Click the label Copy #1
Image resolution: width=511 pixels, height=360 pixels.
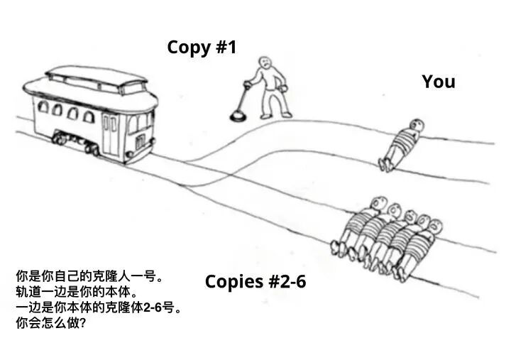point(202,48)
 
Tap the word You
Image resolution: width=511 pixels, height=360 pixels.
point(438,82)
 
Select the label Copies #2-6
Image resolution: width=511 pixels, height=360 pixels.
point(255,281)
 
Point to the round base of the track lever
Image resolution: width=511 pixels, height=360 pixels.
point(237,112)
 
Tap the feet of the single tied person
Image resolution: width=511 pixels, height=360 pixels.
point(385,164)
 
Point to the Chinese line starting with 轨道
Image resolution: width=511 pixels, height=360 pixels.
point(77,291)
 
